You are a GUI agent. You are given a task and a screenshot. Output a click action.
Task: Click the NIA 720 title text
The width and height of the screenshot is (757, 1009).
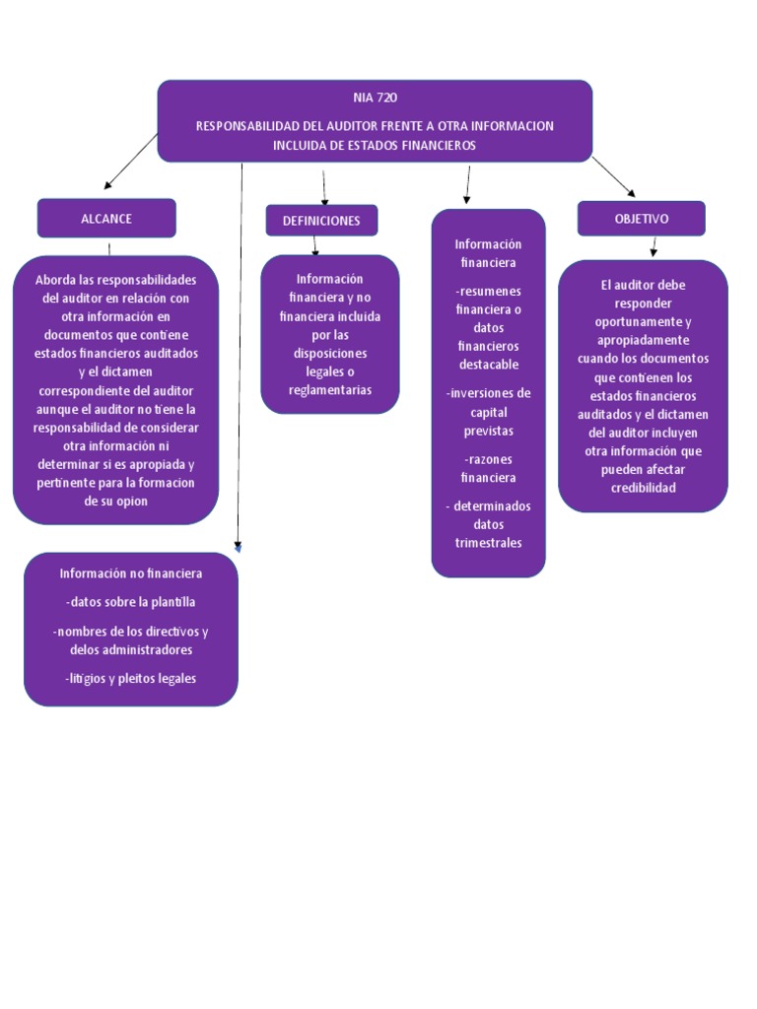coord(375,98)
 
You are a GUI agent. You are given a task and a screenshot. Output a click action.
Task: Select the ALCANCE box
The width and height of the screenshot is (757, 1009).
coord(106,219)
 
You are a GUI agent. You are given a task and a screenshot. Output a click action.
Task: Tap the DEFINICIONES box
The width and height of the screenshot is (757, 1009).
coord(321,221)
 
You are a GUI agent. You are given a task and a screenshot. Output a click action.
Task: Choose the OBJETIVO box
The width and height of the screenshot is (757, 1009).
coord(641,219)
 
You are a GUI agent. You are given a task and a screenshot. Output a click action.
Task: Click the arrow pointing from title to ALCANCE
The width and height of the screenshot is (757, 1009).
coord(129,161)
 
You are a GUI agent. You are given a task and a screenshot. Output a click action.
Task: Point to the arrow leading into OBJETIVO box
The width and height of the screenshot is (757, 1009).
coord(614,177)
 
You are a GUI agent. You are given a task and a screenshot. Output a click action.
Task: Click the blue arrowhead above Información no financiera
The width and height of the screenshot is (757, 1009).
coord(238,547)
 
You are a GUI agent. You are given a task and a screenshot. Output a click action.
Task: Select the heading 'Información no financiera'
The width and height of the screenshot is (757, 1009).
coord(131,573)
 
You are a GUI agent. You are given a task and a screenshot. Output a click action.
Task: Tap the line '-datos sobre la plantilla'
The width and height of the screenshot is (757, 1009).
coord(131,602)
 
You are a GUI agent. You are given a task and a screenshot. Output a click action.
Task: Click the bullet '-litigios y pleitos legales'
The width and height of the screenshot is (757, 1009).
coord(131,678)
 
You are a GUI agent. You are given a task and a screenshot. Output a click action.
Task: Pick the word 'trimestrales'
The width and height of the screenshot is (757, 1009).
coord(488,543)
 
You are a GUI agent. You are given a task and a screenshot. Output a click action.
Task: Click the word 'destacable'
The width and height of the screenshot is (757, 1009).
coord(488,365)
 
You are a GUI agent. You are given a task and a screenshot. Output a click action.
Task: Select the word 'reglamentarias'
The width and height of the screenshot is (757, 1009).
coord(330,390)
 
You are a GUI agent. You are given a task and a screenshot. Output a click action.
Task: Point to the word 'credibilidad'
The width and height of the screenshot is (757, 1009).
coord(643,488)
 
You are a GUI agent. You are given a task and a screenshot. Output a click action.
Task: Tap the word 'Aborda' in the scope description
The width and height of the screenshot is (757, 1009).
coord(54,280)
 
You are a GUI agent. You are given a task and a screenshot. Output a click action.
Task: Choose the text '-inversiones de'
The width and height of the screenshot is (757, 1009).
coord(488,393)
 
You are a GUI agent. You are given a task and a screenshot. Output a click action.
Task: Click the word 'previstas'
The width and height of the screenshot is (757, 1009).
coord(488,431)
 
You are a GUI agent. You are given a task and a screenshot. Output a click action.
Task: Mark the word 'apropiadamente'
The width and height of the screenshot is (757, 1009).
coord(643,340)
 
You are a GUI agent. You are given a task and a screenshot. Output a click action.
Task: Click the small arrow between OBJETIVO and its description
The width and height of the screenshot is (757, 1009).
coord(654,247)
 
